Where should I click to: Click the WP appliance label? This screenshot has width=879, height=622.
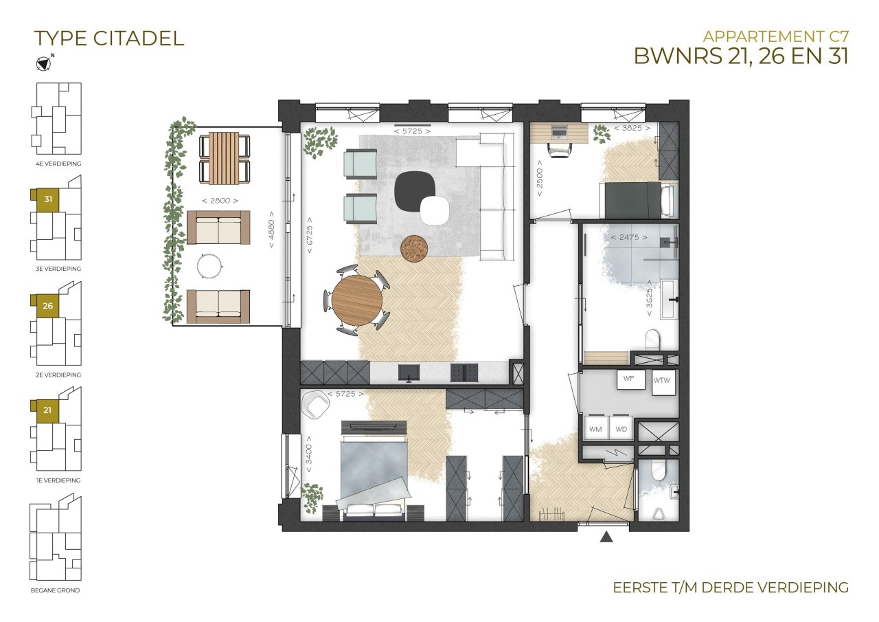(x=628, y=379)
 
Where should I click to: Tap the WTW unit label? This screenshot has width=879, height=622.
(x=662, y=381)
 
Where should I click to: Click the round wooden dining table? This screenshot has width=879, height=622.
(x=356, y=300)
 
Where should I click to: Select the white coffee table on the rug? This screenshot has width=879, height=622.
(x=435, y=210)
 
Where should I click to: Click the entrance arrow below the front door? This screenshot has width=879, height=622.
(x=606, y=537)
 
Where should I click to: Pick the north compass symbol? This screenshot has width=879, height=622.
(x=43, y=63)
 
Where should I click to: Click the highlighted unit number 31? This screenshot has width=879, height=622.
(x=48, y=199)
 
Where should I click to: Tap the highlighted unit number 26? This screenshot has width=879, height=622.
(x=48, y=306)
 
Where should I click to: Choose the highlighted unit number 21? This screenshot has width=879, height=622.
(x=47, y=410)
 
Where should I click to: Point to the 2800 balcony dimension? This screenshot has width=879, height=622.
(x=220, y=201)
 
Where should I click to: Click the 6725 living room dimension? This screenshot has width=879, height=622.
(x=310, y=235)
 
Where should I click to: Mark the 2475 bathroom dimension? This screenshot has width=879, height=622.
(x=629, y=237)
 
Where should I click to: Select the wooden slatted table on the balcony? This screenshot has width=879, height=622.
(x=224, y=158)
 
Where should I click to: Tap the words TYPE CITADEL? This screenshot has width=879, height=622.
(x=109, y=38)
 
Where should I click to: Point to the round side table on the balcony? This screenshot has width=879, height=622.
(x=209, y=266)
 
